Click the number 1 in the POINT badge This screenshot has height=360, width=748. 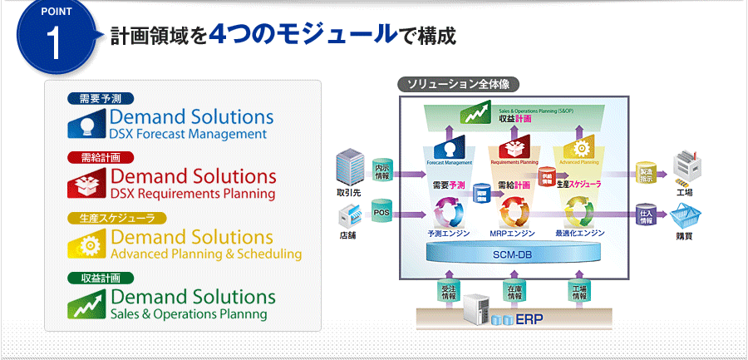(x=56, y=44)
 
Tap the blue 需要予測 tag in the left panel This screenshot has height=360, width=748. (x=99, y=99)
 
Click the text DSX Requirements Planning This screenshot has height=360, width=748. (x=192, y=194)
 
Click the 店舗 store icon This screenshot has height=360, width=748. (x=350, y=217)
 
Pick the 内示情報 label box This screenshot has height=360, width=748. (x=382, y=169)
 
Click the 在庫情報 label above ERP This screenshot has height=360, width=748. (x=514, y=291)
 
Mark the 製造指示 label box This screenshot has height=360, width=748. (x=646, y=173)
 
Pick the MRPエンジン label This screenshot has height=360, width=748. (x=511, y=234)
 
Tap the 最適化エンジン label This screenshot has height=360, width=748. (x=579, y=234)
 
